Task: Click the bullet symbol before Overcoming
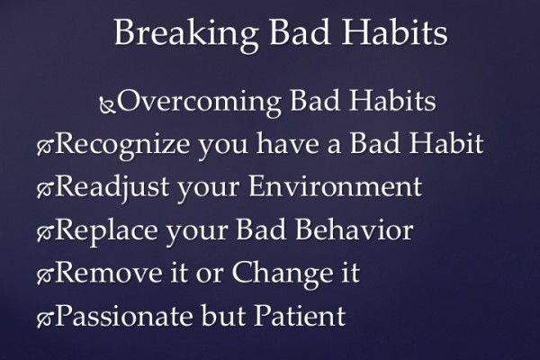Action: tap(107, 107)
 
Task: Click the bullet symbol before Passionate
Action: tap(44, 319)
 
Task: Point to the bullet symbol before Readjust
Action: tap(44, 191)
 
